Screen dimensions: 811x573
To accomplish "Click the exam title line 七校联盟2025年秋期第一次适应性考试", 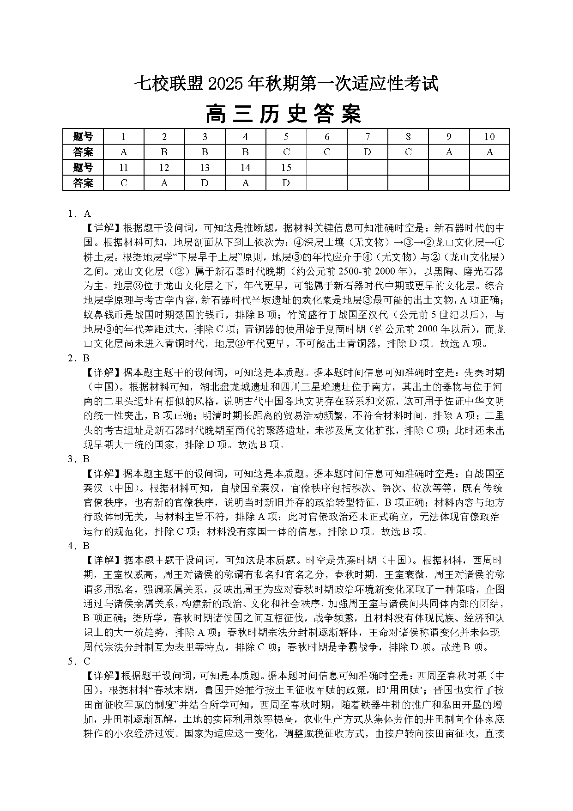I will [286, 84].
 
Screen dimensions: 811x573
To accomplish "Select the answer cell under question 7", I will [368, 152].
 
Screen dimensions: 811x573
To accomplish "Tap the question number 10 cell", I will [489, 136].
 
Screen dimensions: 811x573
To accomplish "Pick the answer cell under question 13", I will [205, 183].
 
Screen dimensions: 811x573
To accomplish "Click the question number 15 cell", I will [286, 167].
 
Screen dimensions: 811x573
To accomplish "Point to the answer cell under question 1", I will [124, 152].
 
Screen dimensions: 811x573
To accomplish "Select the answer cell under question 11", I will [124, 183].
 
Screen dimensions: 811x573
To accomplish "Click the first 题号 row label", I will [83, 136].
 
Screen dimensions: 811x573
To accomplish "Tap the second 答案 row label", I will [83, 183].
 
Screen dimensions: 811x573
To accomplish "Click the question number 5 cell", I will [286, 136].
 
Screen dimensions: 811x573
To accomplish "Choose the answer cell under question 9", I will [449, 152].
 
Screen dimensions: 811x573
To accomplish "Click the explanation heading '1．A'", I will [79, 213].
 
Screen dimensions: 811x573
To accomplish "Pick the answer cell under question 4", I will [246, 152].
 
